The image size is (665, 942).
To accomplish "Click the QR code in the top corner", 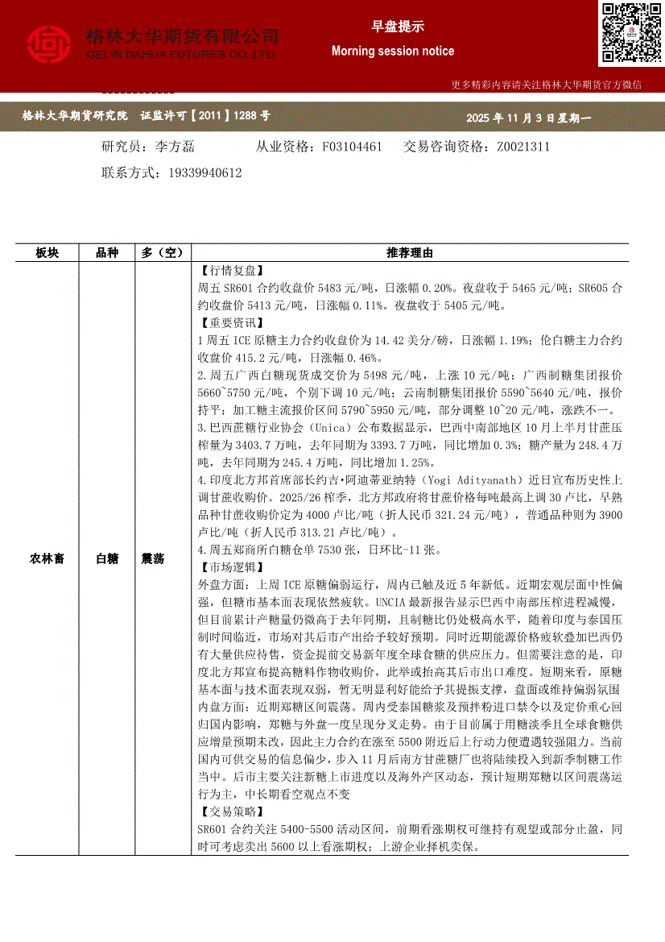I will coord(630,32).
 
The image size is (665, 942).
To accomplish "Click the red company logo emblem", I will coord(49,44).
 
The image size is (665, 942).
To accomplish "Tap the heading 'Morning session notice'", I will coord(392,51).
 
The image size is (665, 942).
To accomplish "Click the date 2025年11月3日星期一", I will coord(528,118).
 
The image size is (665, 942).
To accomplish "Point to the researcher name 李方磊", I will coord(175,147).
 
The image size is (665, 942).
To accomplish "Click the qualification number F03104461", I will coord(352,147).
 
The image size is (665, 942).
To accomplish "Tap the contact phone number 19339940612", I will coord(206,172).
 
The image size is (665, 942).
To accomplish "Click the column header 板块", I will coord(47,253).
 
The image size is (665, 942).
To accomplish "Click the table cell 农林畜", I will coord(47,558).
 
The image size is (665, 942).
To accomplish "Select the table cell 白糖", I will coord(107,558).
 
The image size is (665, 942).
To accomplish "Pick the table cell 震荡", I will coord(153,558).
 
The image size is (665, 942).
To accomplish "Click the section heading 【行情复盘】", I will coord(230,271).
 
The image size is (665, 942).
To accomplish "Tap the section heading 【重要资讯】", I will coord(230,324).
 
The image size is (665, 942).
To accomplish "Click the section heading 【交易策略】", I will coord(230,811).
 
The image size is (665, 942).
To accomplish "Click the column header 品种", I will coord(107,253).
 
